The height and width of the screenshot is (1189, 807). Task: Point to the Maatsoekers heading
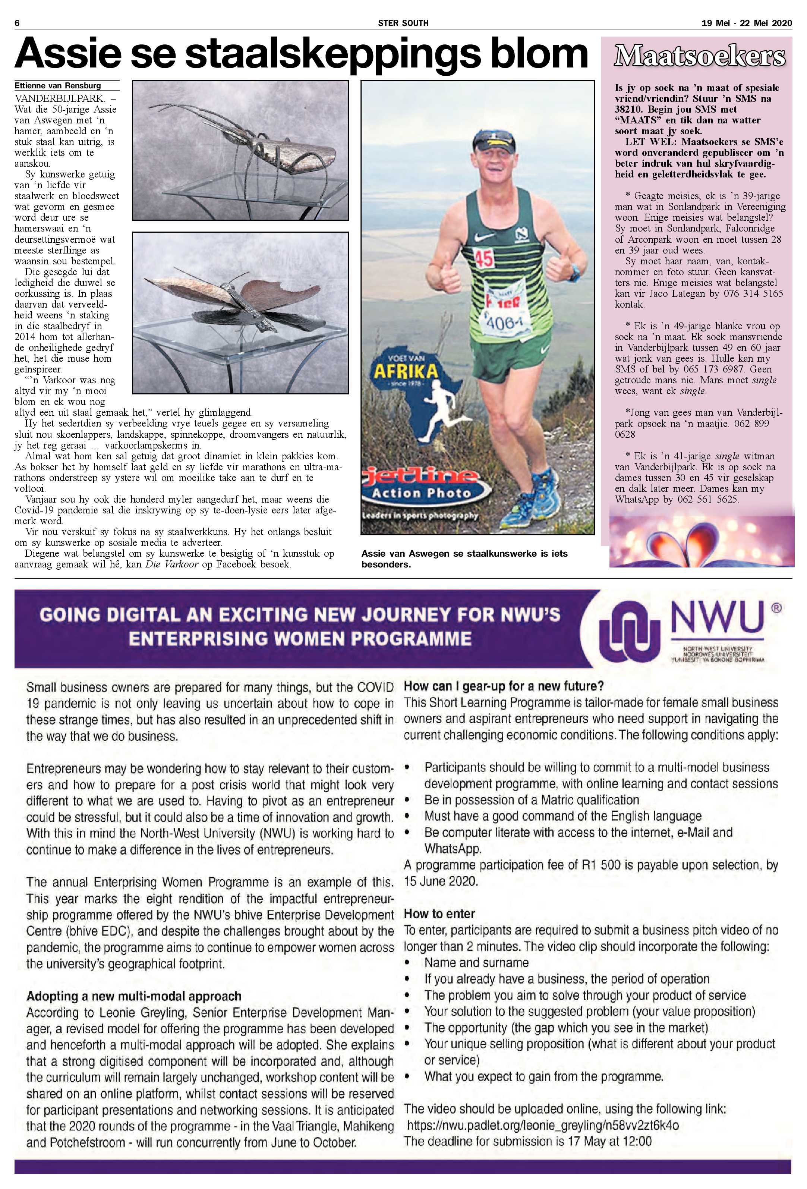[699, 56]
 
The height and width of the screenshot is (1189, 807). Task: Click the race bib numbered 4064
[504, 323]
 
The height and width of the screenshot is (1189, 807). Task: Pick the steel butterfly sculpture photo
[240, 312]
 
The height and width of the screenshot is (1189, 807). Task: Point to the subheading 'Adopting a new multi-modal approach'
[133, 996]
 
